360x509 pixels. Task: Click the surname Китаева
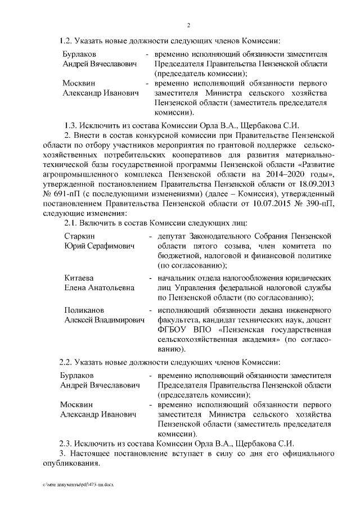tap(79, 278)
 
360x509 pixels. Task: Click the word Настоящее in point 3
tap(92, 454)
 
